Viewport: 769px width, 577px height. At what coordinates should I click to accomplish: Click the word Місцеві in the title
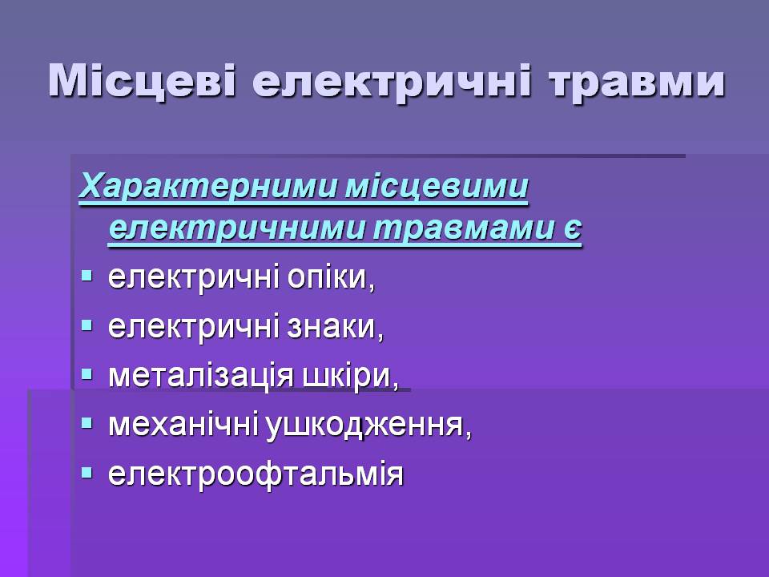tap(142, 81)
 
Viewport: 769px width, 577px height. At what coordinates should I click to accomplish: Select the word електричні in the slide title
tap(392, 83)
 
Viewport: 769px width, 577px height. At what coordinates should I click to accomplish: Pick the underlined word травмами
tap(462, 228)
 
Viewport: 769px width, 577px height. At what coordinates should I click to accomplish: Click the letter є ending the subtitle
tap(571, 228)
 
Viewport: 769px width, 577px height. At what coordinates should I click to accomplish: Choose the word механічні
tap(183, 425)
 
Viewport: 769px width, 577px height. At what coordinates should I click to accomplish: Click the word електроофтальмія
tap(256, 474)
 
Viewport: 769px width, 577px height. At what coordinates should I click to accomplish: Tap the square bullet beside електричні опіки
tap(87, 276)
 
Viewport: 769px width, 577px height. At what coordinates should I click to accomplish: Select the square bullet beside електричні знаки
tap(87, 325)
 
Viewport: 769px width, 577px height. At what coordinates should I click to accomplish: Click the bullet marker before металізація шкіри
tap(87, 375)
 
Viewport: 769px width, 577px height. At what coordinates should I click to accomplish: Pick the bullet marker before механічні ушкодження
tap(87, 423)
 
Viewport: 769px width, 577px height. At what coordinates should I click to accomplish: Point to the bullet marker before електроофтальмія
tap(87, 473)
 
